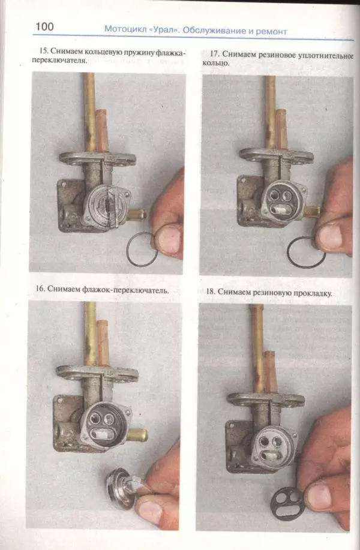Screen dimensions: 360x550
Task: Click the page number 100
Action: click(x=44, y=26)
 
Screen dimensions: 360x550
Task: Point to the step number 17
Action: click(x=214, y=54)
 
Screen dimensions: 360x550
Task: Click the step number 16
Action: click(x=40, y=288)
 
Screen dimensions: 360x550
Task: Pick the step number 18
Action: click(x=210, y=291)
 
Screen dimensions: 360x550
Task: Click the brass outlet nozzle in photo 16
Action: click(x=137, y=435)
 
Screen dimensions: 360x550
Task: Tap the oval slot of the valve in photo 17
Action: click(x=281, y=210)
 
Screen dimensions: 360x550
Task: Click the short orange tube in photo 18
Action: click(x=270, y=371)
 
